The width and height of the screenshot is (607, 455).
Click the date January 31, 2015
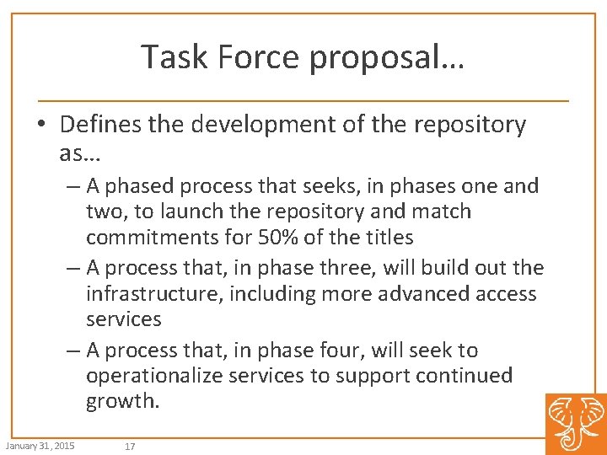pyautogui.click(x=39, y=445)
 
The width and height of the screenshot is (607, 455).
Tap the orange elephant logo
pyautogui.click(x=575, y=423)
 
